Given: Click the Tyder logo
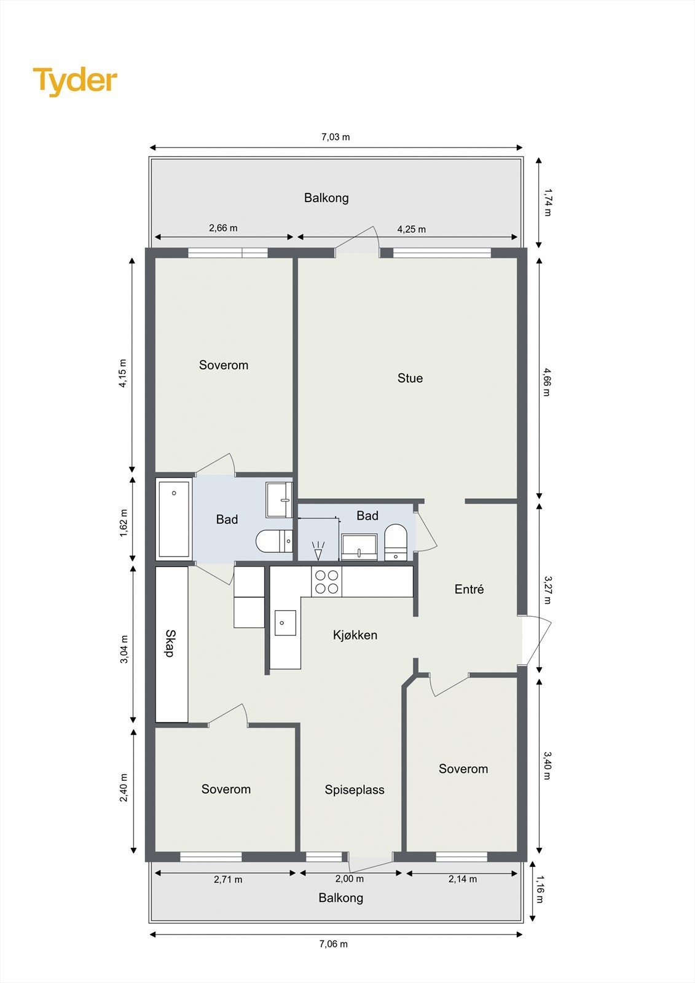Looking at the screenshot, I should pyautogui.click(x=75, y=81).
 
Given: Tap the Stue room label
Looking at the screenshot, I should pyautogui.click(x=410, y=378).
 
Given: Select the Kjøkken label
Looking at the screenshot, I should pyautogui.click(x=355, y=635).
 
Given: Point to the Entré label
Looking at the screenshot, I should pyautogui.click(x=469, y=590).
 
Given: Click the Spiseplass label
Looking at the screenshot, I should pyautogui.click(x=355, y=790).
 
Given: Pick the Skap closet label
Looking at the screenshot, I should pyautogui.click(x=171, y=643).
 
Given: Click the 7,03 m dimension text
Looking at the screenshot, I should pyautogui.click(x=336, y=137).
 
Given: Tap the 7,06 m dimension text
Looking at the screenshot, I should pyautogui.click(x=333, y=944).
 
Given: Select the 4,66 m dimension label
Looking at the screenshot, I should pyautogui.click(x=546, y=382).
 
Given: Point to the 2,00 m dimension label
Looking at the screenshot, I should pyautogui.click(x=350, y=879).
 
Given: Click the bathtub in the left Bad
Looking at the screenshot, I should pyautogui.click(x=175, y=519).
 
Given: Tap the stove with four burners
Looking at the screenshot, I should pyautogui.click(x=327, y=582).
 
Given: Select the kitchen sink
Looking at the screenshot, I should pyautogui.click(x=285, y=623).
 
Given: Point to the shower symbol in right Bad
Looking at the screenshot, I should pyautogui.click(x=318, y=549).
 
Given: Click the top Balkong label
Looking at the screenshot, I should pyautogui.click(x=326, y=198).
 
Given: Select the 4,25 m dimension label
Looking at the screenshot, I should pyautogui.click(x=411, y=229).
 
